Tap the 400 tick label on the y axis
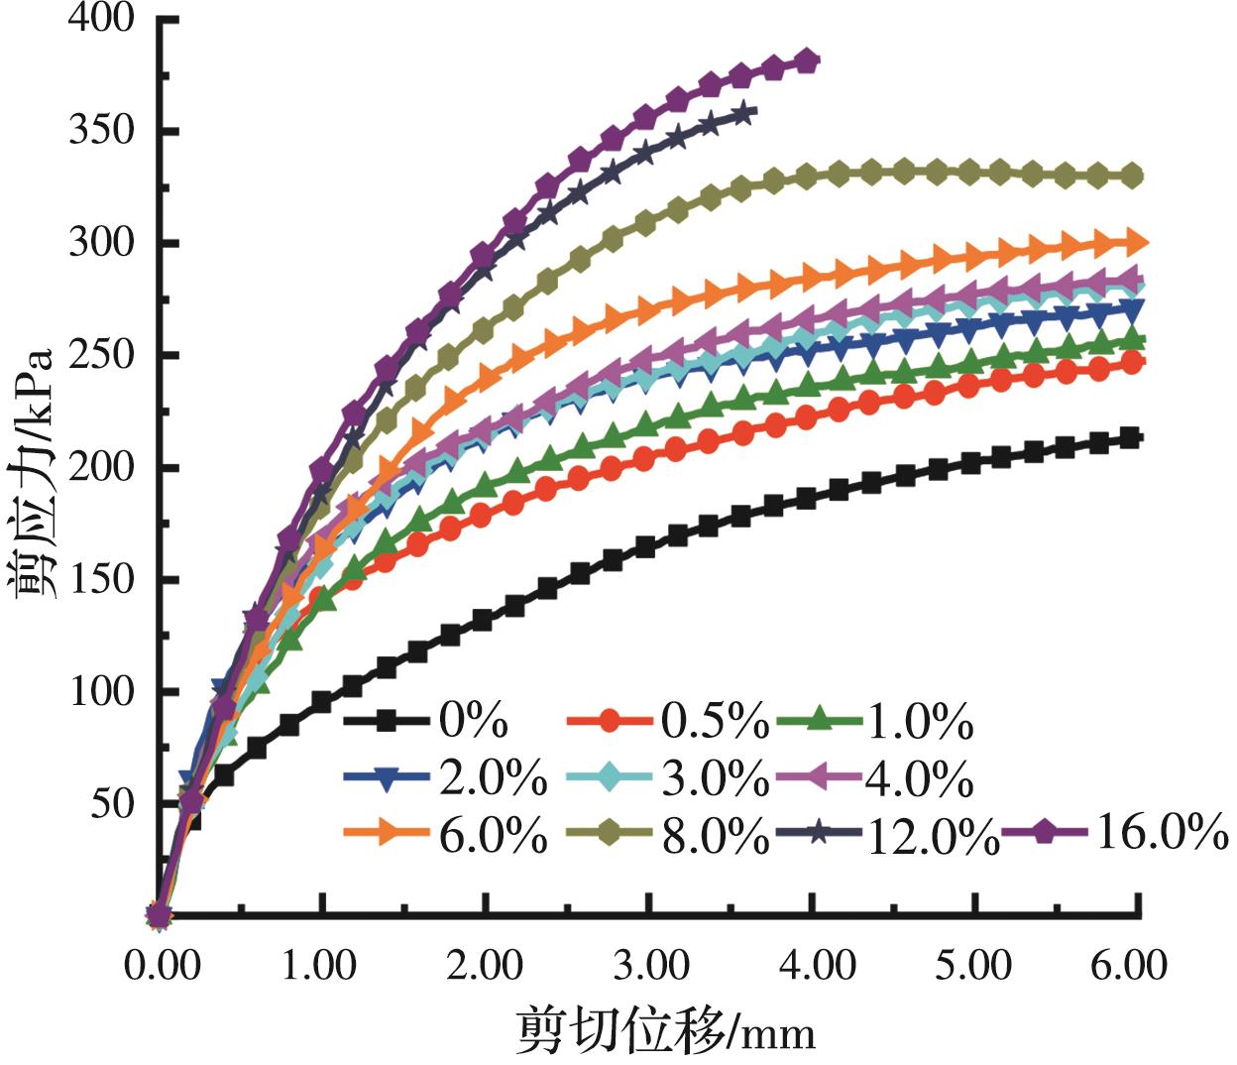pos(101,19)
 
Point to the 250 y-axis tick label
pos(101,355)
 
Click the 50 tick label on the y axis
pos(112,803)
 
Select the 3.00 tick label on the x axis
pos(648,964)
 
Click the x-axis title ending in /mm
pos(665,1030)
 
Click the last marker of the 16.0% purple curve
pos(808,61)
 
